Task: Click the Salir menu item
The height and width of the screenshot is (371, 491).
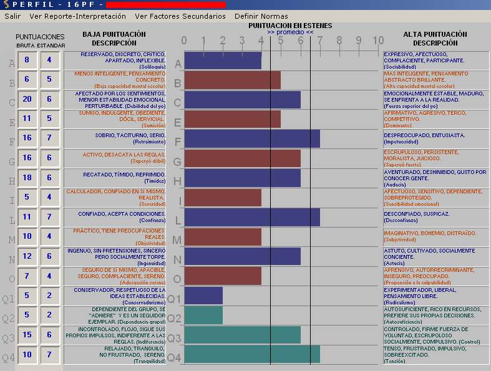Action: click(12, 16)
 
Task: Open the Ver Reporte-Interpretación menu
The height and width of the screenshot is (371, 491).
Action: click(77, 16)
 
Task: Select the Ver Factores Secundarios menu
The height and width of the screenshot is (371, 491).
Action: click(180, 16)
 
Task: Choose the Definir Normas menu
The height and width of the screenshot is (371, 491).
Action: click(261, 16)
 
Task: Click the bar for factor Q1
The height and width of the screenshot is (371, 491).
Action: click(203, 296)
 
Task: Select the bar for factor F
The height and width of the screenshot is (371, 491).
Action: click(252, 138)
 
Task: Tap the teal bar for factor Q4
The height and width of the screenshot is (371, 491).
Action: click(252, 354)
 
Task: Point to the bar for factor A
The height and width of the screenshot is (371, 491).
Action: click(223, 60)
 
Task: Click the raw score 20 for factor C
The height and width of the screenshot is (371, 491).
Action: click(27, 100)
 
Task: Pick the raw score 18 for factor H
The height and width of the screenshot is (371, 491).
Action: click(27, 178)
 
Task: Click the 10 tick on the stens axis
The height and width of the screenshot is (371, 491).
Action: click(378, 41)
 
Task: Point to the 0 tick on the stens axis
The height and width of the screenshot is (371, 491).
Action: click(184, 41)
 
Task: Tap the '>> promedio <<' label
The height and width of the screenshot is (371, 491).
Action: click(290, 32)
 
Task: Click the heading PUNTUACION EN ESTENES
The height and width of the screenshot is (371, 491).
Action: click(290, 26)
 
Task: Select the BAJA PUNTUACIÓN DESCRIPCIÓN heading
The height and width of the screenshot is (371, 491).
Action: click(114, 39)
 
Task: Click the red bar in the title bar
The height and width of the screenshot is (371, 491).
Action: click(165, 5)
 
